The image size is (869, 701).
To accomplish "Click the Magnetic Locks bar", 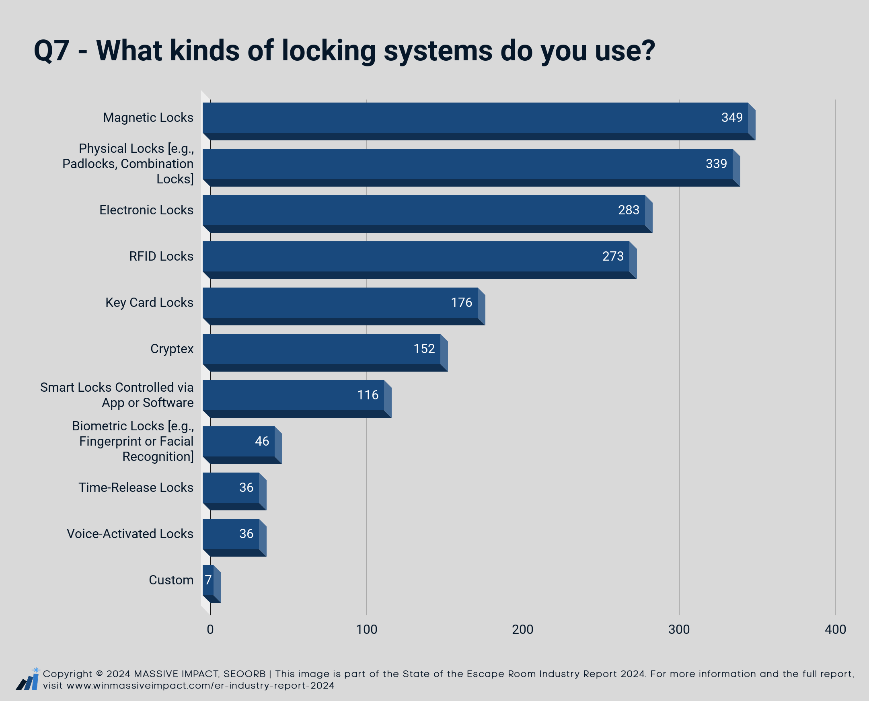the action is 479,121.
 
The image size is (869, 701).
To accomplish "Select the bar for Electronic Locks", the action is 427,214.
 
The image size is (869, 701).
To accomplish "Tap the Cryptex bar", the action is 325,353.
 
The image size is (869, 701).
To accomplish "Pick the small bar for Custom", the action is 212,584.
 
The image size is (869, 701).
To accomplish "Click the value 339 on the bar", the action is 716,164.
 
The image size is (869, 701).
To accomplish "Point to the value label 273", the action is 613,256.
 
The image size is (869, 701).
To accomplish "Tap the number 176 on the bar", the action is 461,302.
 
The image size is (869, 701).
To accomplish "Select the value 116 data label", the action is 368,395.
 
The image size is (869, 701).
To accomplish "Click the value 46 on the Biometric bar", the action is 262,441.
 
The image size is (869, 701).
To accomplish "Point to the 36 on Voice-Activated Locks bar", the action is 247,533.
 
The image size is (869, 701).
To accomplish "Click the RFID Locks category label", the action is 161,256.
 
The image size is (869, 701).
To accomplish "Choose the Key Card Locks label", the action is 150,302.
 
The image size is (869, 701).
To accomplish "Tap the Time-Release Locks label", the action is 136,487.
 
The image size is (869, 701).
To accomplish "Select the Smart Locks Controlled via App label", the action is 117,395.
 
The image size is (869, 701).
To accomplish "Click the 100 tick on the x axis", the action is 366,629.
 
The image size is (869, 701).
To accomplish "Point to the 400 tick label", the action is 835,629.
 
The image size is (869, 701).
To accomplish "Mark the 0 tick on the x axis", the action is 210,629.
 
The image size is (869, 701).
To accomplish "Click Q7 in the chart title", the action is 52,51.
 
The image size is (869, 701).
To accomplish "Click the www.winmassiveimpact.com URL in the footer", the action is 200,686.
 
